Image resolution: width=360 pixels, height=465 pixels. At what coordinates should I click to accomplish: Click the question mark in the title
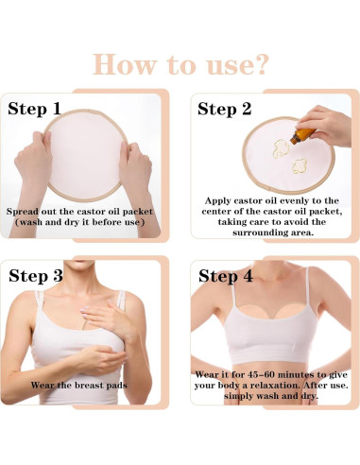click(x=260, y=64)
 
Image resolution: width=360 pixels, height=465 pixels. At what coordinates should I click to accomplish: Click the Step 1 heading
click(x=34, y=109)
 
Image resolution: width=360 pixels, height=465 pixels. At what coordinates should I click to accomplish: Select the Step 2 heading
click(x=225, y=110)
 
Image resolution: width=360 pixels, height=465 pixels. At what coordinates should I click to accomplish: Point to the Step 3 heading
click(x=36, y=276)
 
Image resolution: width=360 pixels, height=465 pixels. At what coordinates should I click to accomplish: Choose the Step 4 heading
click(x=226, y=276)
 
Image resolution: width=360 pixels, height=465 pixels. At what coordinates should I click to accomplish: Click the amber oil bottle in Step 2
click(x=301, y=136)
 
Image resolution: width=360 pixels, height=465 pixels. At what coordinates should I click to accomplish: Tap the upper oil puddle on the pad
click(x=282, y=148)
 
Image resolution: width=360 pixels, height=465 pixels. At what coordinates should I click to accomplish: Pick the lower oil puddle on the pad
click(x=300, y=166)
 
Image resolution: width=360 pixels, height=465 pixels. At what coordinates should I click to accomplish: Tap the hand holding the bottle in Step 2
click(x=326, y=125)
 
